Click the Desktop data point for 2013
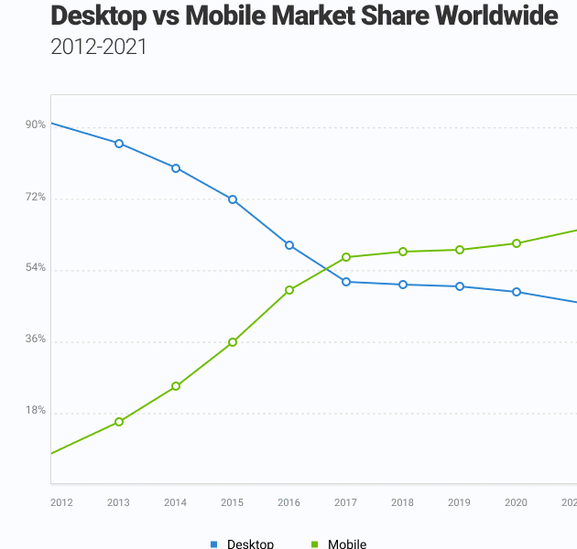pyautogui.click(x=119, y=144)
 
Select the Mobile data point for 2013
pyautogui.click(x=119, y=422)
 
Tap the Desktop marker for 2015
pyautogui.click(x=233, y=199)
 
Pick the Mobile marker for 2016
pyautogui.click(x=289, y=290)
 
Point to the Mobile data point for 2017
pyautogui.click(x=346, y=257)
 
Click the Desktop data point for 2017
pyautogui.click(x=346, y=282)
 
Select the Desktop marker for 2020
pyautogui.click(x=517, y=292)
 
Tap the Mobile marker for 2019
pyautogui.click(x=460, y=250)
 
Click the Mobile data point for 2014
pyautogui.click(x=176, y=386)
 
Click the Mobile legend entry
pyautogui.click(x=346, y=544)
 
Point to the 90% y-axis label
pyautogui.click(x=36, y=125)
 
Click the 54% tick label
pyautogui.click(x=36, y=268)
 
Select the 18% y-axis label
pyautogui.click(x=36, y=411)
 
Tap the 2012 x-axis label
pyautogui.click(x=61, y=502)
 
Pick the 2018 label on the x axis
pyautogui.click(x=402, y=502)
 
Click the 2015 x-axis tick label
pyautogui.click(x=232, y=502)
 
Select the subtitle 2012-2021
pyautogui.click(x=98, y=48)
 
